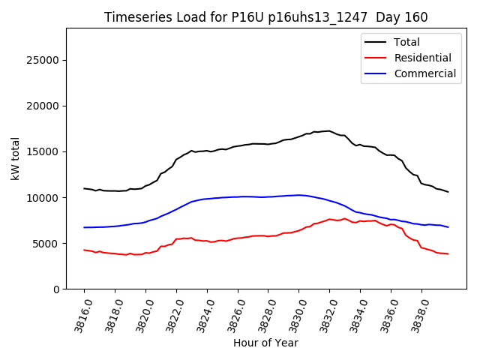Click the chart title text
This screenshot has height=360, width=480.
(265, 17)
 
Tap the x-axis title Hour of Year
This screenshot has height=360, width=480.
(265, 343)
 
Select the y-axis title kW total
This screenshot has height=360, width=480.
(16, 158)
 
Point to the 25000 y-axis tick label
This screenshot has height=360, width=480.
(44, 60)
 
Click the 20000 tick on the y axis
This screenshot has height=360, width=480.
(44, 106)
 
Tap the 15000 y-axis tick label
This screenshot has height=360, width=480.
(44, 151)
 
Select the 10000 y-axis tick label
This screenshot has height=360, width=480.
(44, 197)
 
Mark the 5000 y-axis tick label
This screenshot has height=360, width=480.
(47, 243)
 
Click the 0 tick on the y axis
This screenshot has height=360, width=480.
(56, 289)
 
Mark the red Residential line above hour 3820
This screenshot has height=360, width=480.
(145, 253)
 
